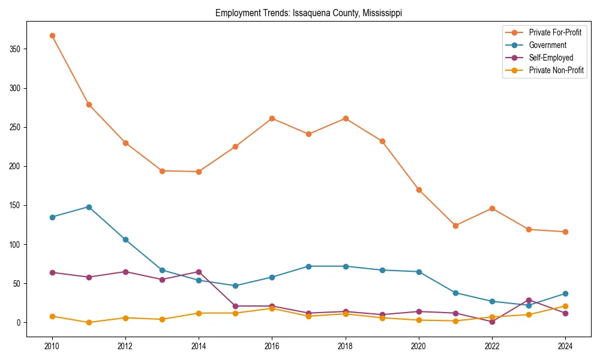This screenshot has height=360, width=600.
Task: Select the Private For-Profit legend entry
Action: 554,32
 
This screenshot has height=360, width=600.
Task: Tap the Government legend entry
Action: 547,45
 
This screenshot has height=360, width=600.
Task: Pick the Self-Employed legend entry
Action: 551,58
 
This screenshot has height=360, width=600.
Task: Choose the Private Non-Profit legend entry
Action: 556,70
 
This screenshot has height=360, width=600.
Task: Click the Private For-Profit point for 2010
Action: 52,35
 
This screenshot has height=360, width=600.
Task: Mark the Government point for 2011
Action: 89,207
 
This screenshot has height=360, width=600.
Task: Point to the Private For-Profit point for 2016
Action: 272,118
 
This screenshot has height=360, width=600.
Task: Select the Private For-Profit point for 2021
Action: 455,226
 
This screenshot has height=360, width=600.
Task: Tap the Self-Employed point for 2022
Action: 492,322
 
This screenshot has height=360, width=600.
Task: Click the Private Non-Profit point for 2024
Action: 565,306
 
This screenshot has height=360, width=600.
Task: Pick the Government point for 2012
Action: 125,239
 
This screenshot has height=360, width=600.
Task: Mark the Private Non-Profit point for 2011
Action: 89,322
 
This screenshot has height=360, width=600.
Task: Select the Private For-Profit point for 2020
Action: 419,190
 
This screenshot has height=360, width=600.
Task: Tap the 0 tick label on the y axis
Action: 20,323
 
